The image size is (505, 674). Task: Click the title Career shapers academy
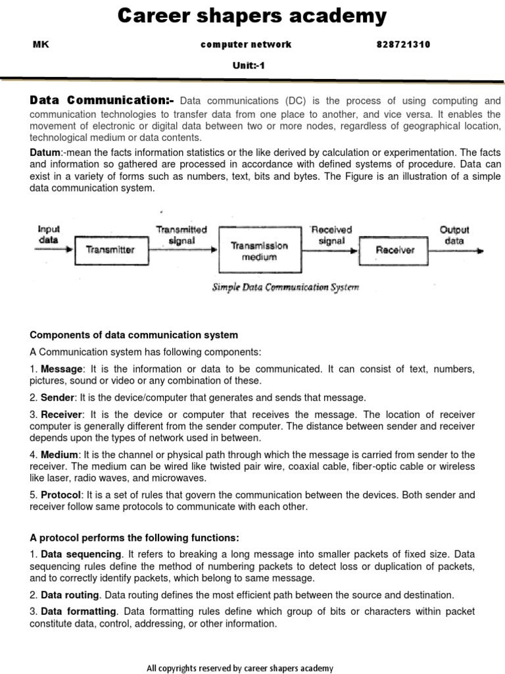point(252,16)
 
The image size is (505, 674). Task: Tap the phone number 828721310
point(403,45)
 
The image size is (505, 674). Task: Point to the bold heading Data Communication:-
point(102,101)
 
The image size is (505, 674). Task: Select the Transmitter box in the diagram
point(110,249)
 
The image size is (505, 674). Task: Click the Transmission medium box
point(259,251)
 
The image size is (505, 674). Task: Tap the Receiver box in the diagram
point(395,249)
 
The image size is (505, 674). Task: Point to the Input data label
point(49,234)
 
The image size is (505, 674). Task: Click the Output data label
point(454,235)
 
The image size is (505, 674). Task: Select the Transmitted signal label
point(181,235)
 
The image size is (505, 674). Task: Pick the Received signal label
point(331,235)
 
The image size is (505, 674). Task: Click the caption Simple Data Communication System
point(285,287)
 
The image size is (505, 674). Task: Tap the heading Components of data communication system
point(133,335)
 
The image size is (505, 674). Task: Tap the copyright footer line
point(239,667)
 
